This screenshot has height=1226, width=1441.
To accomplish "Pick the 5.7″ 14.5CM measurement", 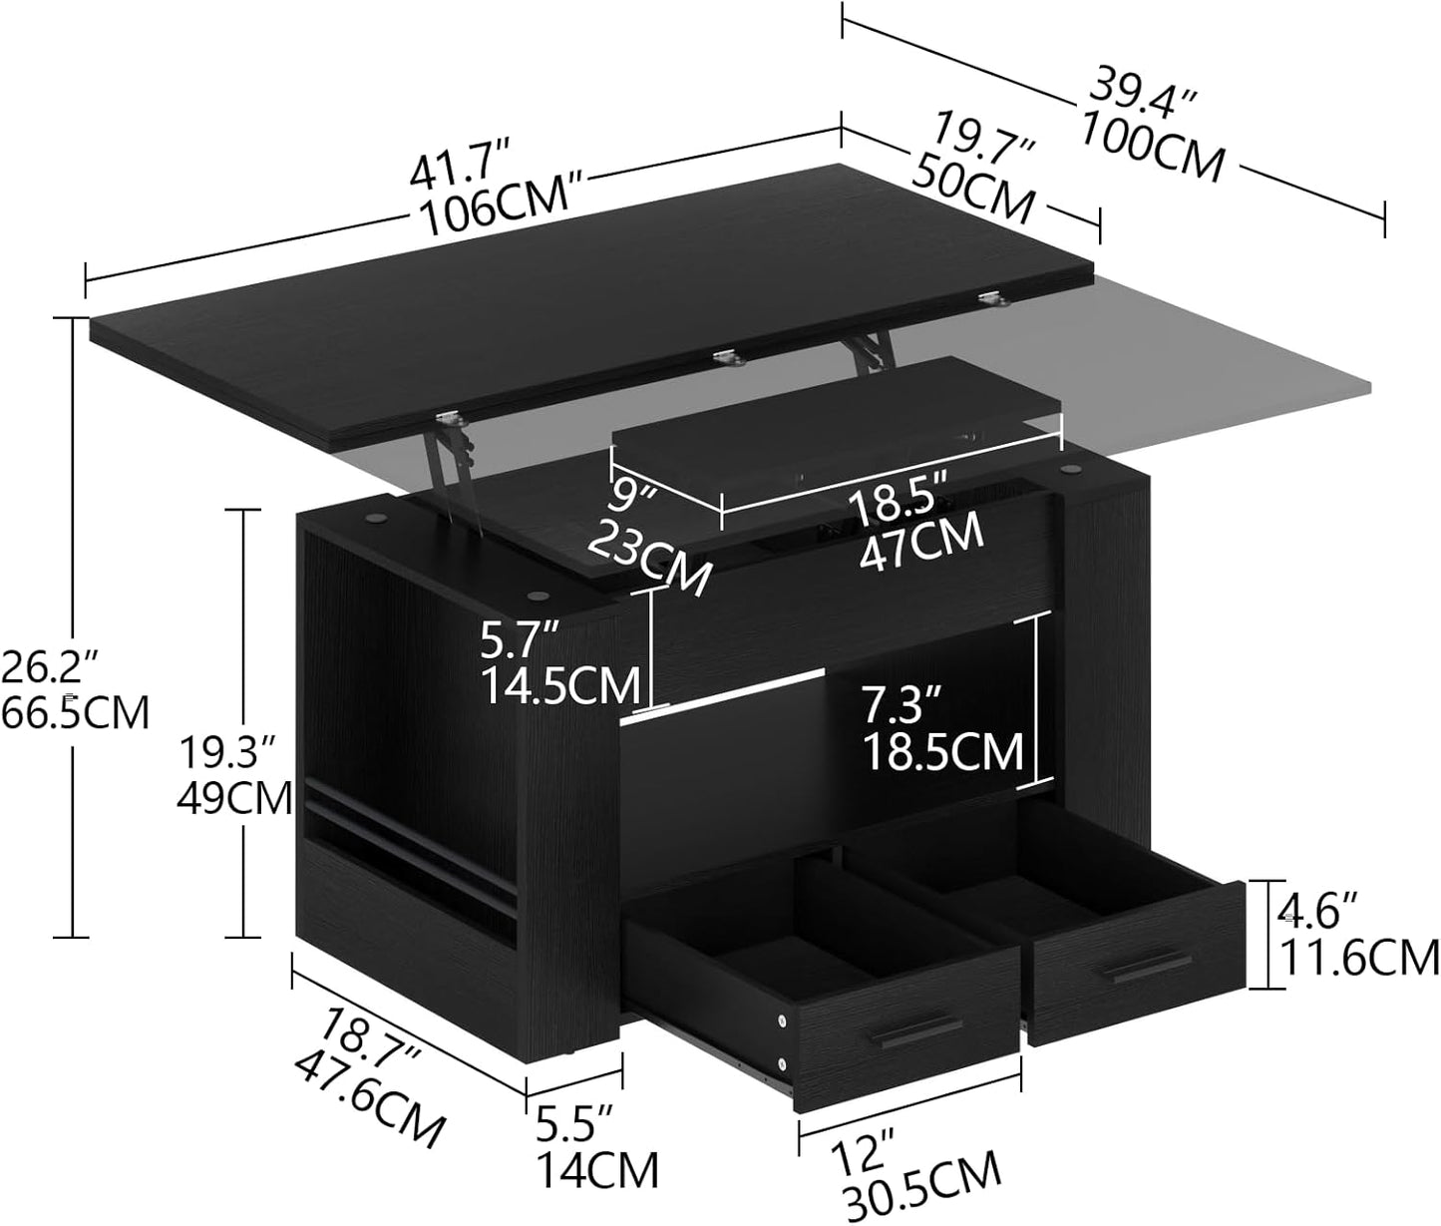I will click(558, 663).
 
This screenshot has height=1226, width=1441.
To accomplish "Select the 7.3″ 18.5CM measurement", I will click(940, 726).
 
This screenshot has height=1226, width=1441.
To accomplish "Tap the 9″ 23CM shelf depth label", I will click(648, 539).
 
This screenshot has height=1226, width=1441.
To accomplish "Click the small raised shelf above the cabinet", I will click(838, 429).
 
